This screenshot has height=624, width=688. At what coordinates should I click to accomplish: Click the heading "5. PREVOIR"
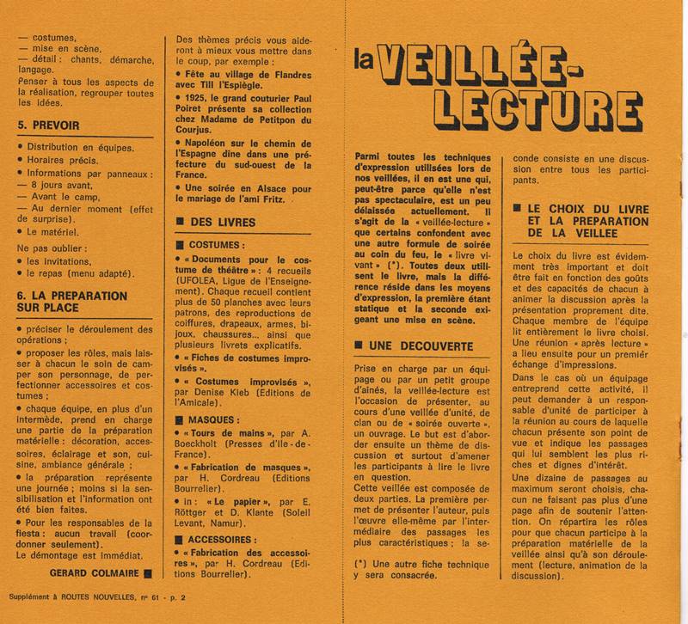point(49,125)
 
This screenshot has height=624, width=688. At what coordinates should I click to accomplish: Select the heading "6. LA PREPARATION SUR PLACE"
point(72,302)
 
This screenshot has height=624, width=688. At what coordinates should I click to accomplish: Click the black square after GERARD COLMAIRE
point(149,572)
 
